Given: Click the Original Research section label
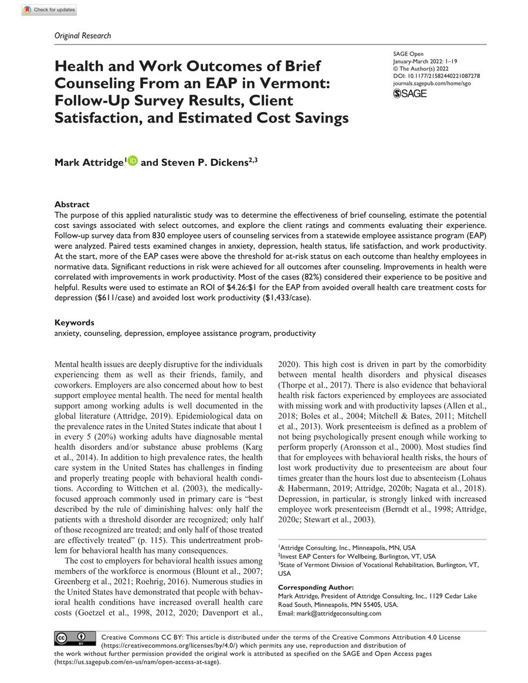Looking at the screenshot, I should pyautogui.click(x=82, y=36).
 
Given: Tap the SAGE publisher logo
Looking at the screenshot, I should pyautogui.click(x=409, y=93).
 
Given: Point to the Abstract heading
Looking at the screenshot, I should pyautogui.click(x=72, y=205).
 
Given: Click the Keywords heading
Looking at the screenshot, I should pyautogui.click(x=74, y=322).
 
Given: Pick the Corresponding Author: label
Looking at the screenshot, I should pyautogui.click(x=316, y=587).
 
